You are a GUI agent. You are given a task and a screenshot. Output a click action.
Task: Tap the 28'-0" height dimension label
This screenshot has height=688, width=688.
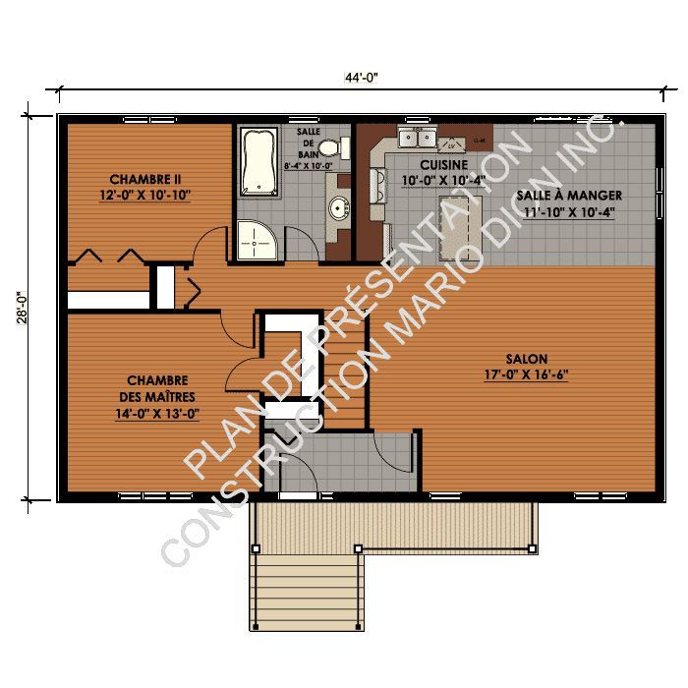[x=22, y=308]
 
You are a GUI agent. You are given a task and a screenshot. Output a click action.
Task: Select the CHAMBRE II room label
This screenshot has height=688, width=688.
[x=145, y=179]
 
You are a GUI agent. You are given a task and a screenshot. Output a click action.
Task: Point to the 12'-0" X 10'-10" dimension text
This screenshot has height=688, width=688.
[x=145, y=196]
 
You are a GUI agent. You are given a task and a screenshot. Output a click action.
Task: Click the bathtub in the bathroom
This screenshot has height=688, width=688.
[x=258, y=162]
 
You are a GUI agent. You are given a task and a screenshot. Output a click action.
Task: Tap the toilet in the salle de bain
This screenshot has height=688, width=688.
[x=335, y=148]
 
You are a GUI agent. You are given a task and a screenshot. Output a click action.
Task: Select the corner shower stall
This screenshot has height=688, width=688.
[x=258, y=239]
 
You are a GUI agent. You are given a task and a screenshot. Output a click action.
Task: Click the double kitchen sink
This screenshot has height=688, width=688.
[x=416, y=136]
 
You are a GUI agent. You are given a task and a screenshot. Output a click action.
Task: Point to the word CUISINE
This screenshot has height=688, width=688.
[x=443, y=164]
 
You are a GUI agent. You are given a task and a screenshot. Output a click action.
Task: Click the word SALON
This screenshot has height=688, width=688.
[x=527, y=359]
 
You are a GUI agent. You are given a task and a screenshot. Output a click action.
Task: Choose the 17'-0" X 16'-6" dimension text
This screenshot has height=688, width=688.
[x=527, y=375]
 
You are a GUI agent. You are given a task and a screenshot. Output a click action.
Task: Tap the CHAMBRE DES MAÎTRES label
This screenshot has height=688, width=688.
[x=157, y=388]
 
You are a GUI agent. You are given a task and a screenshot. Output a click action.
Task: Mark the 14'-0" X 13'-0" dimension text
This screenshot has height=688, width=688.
[x=157, y=414]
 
